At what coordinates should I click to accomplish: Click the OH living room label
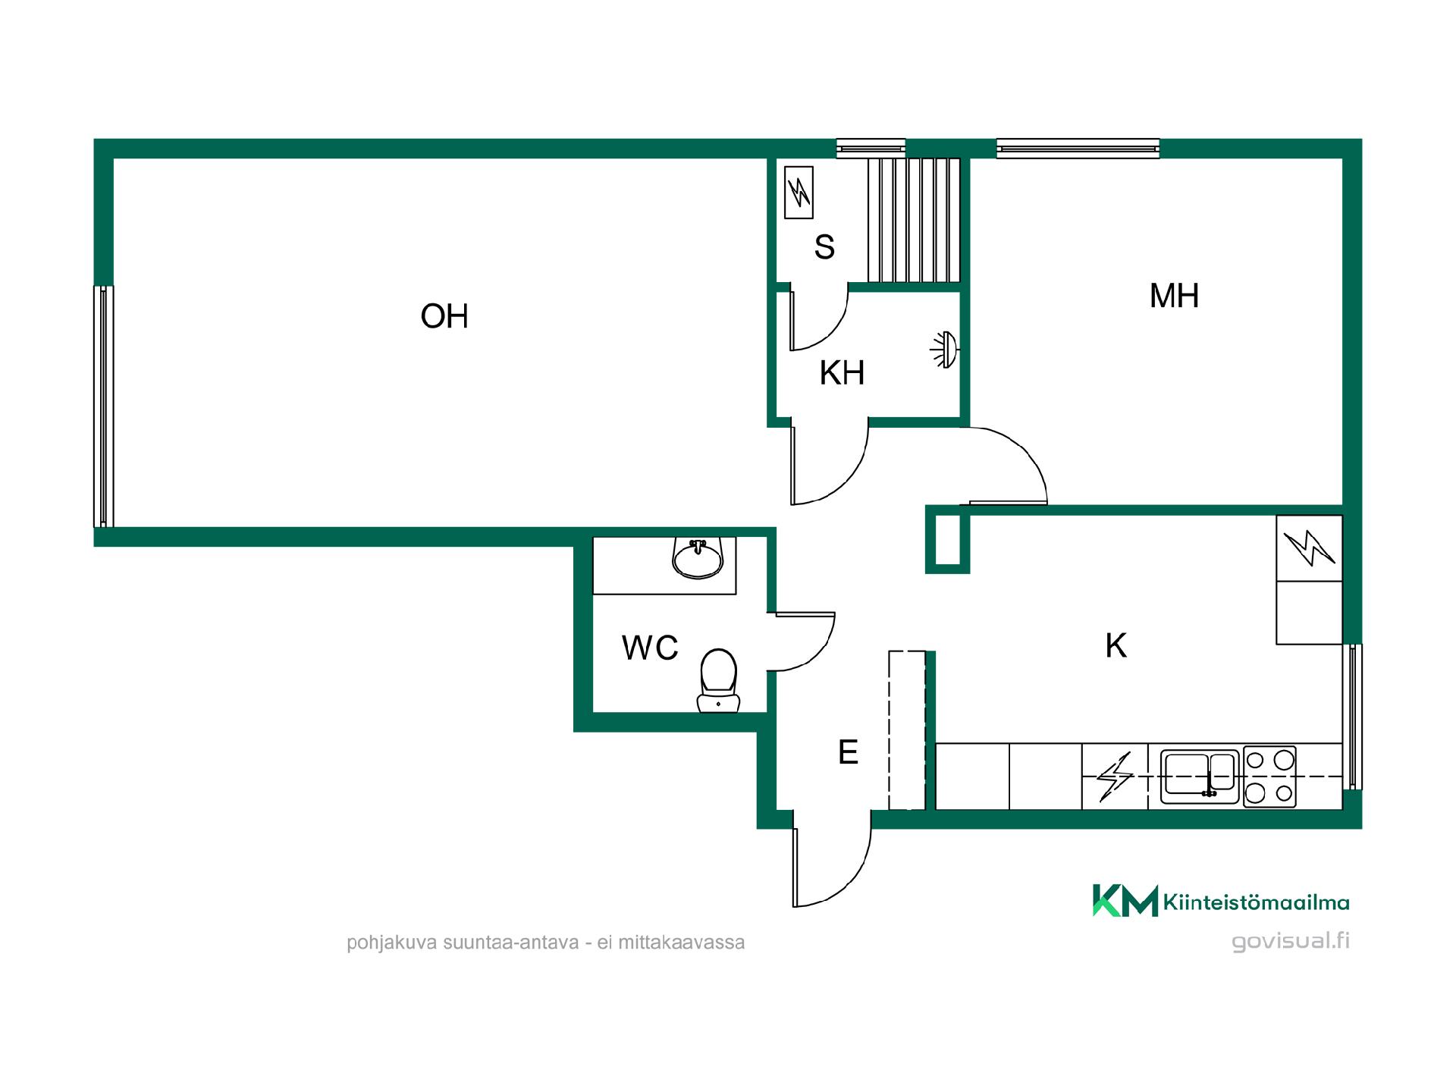point(444,316)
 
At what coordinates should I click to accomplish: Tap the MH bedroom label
point(1174,296)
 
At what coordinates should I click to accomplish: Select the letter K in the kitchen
point(1116,645)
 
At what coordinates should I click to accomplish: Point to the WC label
point(650,648)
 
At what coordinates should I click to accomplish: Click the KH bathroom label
point(842,373)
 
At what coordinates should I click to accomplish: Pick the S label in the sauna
point(824,247)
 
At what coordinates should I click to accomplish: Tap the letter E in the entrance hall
point(848,752)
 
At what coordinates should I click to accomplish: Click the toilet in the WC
point(717,680)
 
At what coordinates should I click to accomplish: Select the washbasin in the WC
point(698,558)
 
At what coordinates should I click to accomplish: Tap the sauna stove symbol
point(799,193)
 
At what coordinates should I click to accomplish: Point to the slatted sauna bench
point(914,220)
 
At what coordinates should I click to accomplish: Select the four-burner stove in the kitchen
point(1269,777)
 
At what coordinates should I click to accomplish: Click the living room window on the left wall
point(104,406)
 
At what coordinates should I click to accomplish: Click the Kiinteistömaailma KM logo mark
point(1125,900)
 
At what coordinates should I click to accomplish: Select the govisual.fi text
point(1291,941)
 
